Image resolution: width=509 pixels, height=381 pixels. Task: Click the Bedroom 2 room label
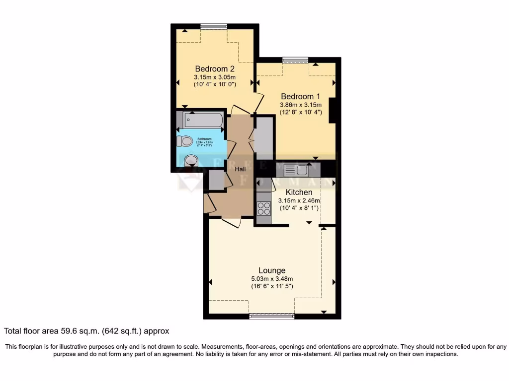pyautogui.click(x=214, y=69)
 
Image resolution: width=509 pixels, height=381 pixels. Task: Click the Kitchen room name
pyautogui.click(x=299, y=192)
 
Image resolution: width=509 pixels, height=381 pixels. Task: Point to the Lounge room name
pyautogui.click(x=272, y=270)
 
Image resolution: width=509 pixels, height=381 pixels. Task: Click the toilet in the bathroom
pyautogui.click(x=185, y=141)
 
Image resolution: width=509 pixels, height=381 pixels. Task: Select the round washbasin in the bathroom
pyautogui.click(x=190, y=160)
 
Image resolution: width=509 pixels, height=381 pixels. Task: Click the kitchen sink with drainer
pyautogui.click(x=296, y=171)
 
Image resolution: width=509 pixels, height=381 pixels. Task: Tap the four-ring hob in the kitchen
pyautogui.click(x=264, y=208)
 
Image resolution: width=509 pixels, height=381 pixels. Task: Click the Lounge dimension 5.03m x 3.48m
pyautogui.click(x=272, y=279)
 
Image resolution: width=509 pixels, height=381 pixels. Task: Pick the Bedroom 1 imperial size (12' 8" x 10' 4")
pyautogui.click(x=301, y=112)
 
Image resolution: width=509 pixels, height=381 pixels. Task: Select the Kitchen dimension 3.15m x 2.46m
pyautogui.click(x=299, y=200)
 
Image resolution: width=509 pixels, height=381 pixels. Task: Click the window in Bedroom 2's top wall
pyautogui.click(x=214, y=26)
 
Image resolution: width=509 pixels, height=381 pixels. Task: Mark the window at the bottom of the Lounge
pyautogui.click(x=271, y=316)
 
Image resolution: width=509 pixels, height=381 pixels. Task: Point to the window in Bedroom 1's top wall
pyautogui.click(x=295, y=60)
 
